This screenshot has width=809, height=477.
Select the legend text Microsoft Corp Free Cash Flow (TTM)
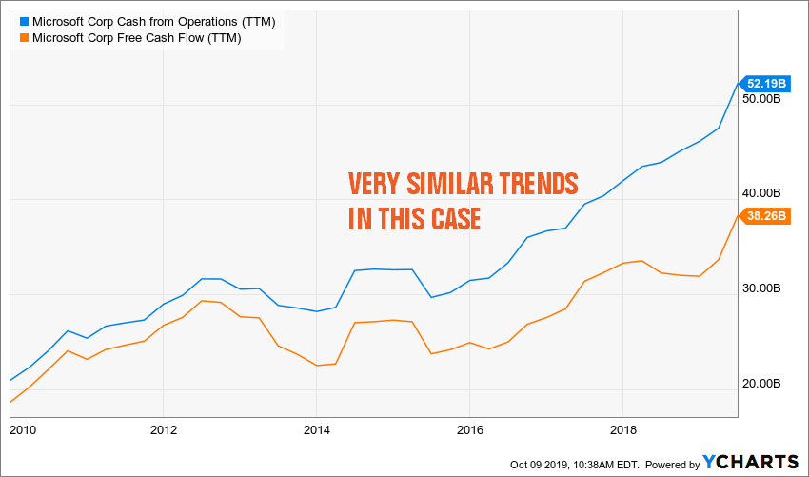[x=136, y=38]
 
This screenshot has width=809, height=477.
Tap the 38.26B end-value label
[x=764, y=215]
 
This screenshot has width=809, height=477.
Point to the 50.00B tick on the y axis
[x=762, y=99]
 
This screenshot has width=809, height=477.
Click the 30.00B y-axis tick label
[x=762, y=288]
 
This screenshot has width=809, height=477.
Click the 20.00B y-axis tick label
[x=762, y=384]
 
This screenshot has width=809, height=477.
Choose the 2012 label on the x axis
[x=164, y=429]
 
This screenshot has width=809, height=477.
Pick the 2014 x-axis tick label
[x=317, y=429]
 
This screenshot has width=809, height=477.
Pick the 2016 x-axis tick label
[x=469, y=429]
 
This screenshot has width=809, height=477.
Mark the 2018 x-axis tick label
[x=622, y=429]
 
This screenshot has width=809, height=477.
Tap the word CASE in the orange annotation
[x=450, y=219]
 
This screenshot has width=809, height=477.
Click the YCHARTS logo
[x=751, y=461]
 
